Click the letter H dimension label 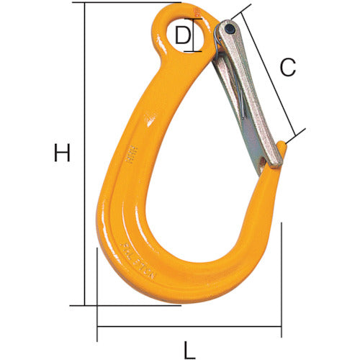(63, 153)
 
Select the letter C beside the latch (288, 68)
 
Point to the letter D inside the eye (184, 36)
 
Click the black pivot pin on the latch (228, 30)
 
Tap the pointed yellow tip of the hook (284, 148)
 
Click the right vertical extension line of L (282, 274)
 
